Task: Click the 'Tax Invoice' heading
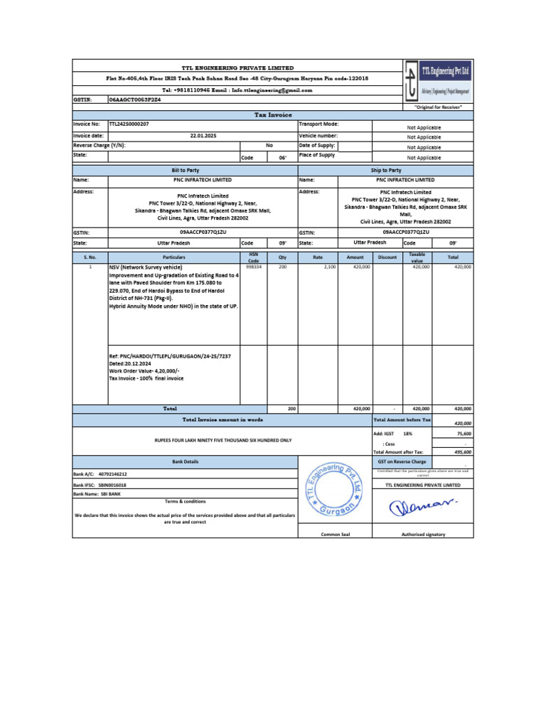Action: (273, 114)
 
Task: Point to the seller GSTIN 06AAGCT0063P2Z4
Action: (135, 101)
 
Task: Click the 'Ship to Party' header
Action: (386, 171)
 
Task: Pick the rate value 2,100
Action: (330, 267)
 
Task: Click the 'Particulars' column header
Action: (173, 257)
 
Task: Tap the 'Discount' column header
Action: (387, 257)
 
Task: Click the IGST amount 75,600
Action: (462, 432)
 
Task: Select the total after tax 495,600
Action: (462, 451)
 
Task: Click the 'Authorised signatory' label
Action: (422, 535)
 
